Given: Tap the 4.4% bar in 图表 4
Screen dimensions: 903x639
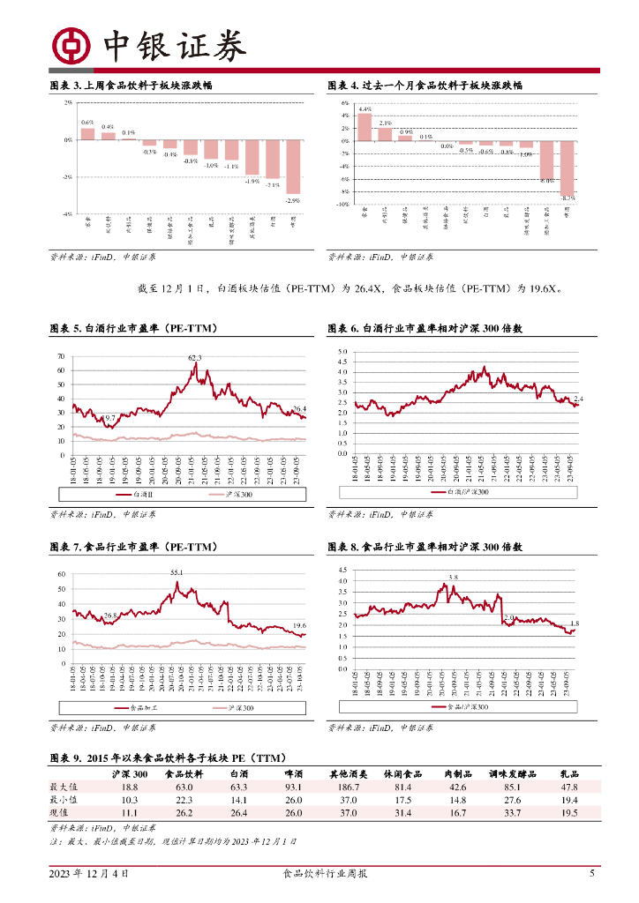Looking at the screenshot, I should pyautogui.click(x=365, y=127).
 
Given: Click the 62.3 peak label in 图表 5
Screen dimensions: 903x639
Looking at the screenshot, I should pyautogui.click(x=194, y=357).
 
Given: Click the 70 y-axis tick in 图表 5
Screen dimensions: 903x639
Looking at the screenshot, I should pyautogui.click(x=61, y=356).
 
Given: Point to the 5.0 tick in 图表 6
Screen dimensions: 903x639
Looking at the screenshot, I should pyautogui.click(x=342, y=351).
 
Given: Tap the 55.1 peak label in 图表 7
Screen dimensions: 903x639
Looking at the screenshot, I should pyautogui.click(x=177, y=572).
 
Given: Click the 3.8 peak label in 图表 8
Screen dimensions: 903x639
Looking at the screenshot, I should pyautogui.click(x=454, y=577).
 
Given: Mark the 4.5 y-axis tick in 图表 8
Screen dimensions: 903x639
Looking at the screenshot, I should pyautogui.click(x=342, y=570).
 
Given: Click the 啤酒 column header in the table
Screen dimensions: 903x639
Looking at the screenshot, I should pyautogui.click(x=296, y=773).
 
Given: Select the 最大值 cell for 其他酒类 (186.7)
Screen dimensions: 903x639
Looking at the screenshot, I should pyautogui.click(x=343, y=787).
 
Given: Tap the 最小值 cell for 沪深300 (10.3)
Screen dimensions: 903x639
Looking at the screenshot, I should pyautogui.click(x=129, y=800).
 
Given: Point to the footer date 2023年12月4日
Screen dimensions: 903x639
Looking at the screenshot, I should pyautogui.click(x=88, y=874).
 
